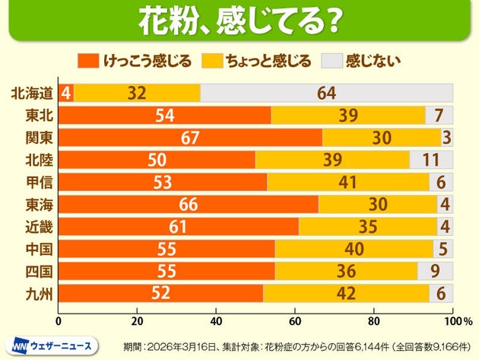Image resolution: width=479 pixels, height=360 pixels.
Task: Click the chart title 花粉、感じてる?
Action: tap(239, 21)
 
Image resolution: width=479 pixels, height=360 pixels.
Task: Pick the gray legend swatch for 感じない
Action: tap(332, 60)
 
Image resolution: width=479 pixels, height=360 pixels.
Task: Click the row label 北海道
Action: tap(32, 93)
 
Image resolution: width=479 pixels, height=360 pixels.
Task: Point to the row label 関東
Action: tap(38, 138)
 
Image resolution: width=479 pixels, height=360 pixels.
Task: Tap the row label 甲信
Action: tap(38, 183)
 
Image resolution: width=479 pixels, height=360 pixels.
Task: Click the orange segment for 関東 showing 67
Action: tap(190, 138)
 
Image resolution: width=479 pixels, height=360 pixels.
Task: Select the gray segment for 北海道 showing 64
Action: tap(327, 93)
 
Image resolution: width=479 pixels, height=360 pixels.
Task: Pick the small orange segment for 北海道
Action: tap(66, 93)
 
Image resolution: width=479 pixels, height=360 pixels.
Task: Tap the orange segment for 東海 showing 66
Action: tap(188, 205)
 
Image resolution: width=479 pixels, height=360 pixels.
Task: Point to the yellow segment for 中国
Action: tap(354, 250)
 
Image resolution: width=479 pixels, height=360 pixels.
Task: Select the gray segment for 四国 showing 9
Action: tap(436, 272)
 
